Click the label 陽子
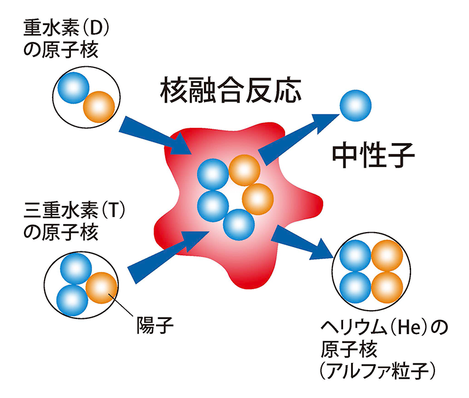point(154,324)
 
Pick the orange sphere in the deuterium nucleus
point(98,105)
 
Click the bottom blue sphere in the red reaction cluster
point(239,223)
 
